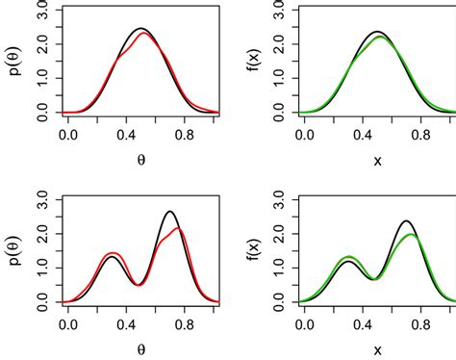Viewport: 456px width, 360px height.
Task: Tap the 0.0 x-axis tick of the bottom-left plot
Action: click(x=69, y=324)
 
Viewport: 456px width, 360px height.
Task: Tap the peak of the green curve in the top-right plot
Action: click(x=379, y=38)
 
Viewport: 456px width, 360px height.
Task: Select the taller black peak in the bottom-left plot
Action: click(x=170, y=212)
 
